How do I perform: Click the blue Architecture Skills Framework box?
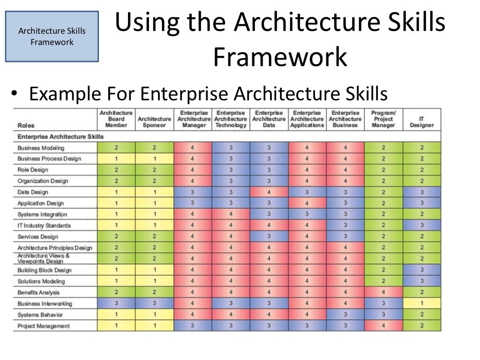coord(52,37)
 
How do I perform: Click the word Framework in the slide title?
coord(280,58)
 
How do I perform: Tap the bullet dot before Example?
coord(15,95)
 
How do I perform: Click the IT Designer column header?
coord(421,122)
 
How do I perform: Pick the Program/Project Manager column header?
coord(383,119)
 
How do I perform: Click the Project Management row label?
coord(44,326)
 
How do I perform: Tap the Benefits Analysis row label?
coord(38,292)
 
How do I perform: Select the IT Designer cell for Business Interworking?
coord(421,303)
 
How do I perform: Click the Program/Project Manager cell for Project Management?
coord(383,326)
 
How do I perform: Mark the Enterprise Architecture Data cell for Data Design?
coord(269,192)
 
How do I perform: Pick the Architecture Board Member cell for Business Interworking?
coord(116,303)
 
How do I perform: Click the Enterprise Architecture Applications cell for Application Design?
coord(307,203)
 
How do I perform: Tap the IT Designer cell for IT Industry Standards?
coord(421,225)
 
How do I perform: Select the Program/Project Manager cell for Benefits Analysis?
coord(383,292)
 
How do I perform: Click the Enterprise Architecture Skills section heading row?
coord(60,136)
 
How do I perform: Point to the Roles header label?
coord(26,125)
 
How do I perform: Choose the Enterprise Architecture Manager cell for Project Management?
coord(192,326)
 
